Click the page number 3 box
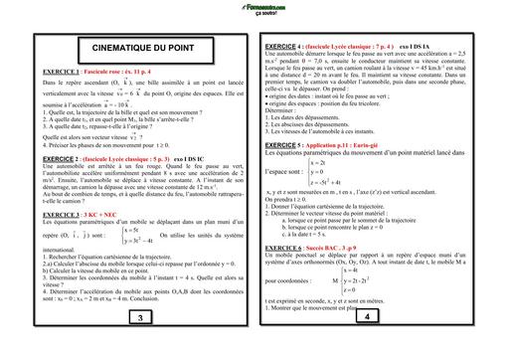(140, 345)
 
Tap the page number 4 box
(367, 344)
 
